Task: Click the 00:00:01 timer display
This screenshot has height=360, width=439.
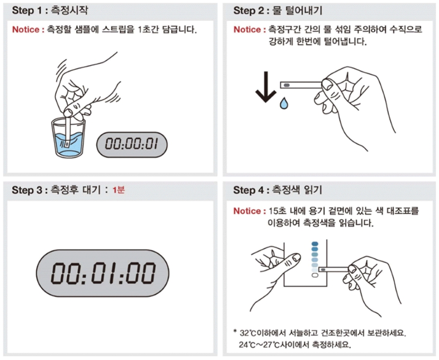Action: click(x=132, y=145)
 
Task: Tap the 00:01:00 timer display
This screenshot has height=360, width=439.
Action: click(x=103, y=273)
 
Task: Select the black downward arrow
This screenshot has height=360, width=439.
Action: click(x=266, y=87)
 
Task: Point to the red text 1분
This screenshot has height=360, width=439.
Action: click(x=118, y=190)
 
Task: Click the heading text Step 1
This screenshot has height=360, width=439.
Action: click(x=27, y=11)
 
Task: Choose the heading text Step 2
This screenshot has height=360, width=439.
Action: click(x=249, y=11)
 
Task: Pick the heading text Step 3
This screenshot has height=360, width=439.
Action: click(x=27, y=190)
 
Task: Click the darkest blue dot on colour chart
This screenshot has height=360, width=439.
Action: click(x=315, y=244)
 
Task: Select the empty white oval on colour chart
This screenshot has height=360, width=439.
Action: click(x=315, y=275)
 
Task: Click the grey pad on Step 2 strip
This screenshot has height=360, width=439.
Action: click(x=287, y=85)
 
